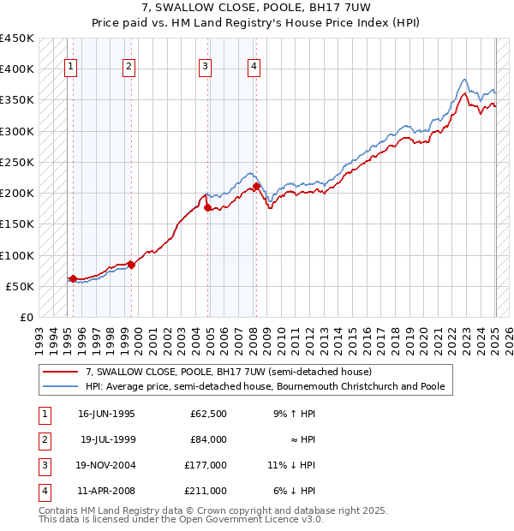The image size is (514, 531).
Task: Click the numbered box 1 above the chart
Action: (69, 69)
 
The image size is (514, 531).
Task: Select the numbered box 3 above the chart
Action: (206, 69)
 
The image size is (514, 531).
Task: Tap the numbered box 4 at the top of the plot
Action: (255, 69)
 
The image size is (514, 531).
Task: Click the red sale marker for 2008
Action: (257, 186)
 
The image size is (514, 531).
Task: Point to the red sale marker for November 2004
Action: (208, 207)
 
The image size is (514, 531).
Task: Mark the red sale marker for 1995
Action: (73, 278)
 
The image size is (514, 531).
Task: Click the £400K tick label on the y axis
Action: (16, 69)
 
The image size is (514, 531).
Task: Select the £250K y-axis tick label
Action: (16, 162)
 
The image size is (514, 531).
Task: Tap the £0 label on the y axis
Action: (26, 317)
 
